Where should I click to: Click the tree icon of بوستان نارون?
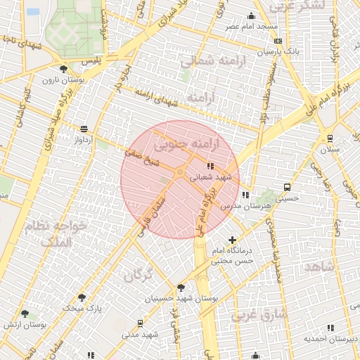[x=64, y=69]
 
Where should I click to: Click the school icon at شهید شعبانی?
[x=211, y=166]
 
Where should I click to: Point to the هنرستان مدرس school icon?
[x=245, y=195]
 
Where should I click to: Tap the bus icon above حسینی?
[x=287, y=187]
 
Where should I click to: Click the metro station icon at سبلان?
[x=330, y=139]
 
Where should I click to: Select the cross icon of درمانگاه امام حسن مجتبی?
[x=233, y=240]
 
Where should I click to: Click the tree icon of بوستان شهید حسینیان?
[x=181, y=288]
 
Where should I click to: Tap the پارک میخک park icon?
[x=82, y=297]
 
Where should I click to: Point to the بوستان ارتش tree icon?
[x=25, y=314]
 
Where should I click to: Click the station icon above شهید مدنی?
[x=141, y=323]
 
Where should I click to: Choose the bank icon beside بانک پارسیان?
[x=278, y=41]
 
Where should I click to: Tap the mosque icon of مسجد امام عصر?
[x=251, y=16]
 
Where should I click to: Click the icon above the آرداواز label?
[x=84, y=129]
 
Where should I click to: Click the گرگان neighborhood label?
[x=138, y=276]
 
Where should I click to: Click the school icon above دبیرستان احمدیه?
[x=330, y=328]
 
